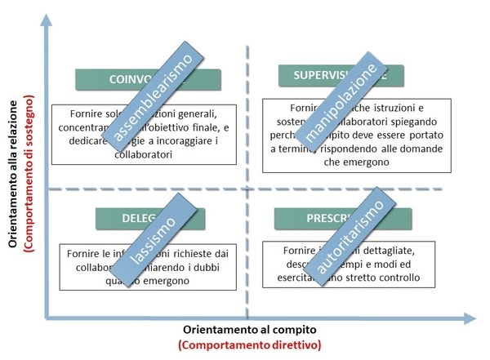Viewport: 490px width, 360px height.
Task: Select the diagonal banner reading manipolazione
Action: [x=340, y=102]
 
